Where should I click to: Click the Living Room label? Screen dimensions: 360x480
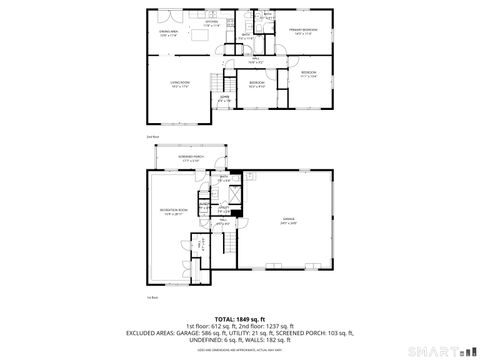[180, 84]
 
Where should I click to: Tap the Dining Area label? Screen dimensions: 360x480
[168, 33]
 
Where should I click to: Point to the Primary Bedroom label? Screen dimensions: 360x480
[303, 31]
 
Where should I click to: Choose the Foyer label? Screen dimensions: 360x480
[225, 98]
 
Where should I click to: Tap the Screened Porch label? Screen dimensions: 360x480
[191, 158]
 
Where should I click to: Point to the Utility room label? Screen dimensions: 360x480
[225, 208]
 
